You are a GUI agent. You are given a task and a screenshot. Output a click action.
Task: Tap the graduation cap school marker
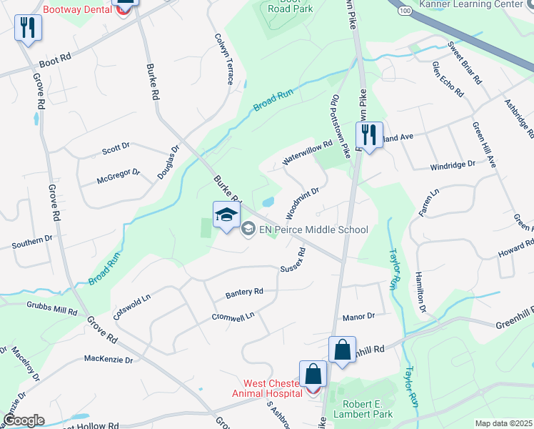click(226, 214)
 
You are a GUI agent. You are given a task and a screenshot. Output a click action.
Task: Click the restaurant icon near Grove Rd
click(29, 28)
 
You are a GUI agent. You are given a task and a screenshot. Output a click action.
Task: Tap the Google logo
click(24, 420)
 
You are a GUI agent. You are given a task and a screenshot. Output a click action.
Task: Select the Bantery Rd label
click(244, 292)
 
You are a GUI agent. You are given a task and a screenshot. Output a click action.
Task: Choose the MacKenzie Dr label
click(109, 360)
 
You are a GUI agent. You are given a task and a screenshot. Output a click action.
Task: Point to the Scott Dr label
click(116, 150)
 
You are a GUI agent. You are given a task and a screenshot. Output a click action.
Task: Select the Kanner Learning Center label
click(481, 4)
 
